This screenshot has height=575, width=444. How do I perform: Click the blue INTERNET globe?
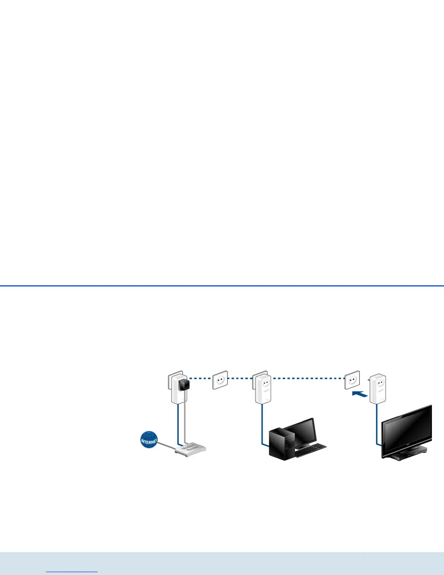tap(149, 440)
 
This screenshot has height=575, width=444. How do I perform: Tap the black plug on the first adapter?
tap(184, 384)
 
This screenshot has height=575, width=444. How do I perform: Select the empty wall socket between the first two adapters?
tap(220, 380)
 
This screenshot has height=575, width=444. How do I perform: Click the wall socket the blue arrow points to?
tap(352, 380)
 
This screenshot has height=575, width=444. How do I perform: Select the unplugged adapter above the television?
tap(378, 389)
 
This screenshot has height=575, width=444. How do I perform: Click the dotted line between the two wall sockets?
tap(308, 378)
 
